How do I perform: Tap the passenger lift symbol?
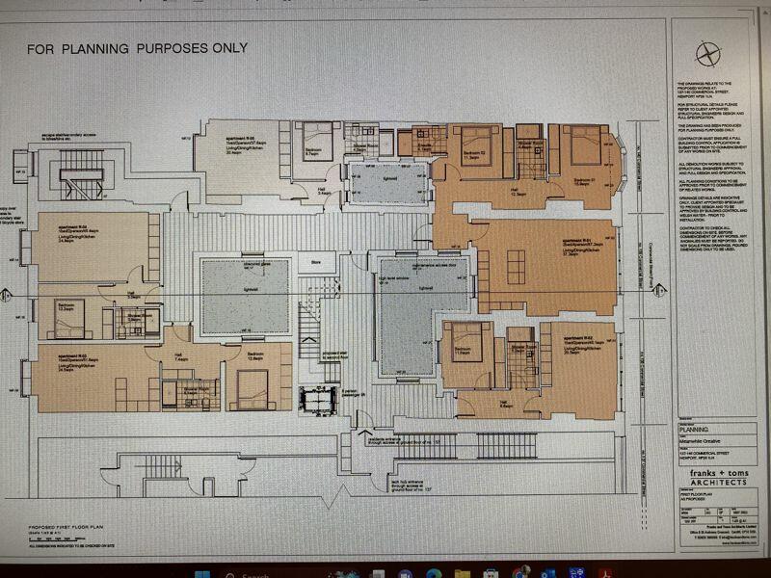(317, 400)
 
